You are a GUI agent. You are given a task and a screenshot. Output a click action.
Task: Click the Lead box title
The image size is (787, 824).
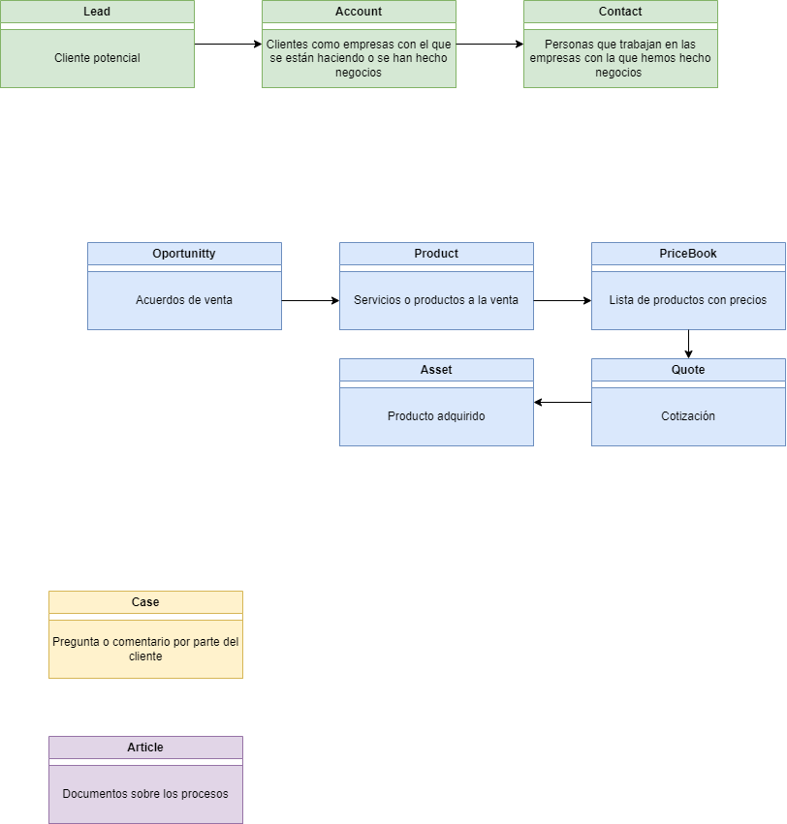point(97,12)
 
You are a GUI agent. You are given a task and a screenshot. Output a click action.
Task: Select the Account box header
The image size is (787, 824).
point(359,12)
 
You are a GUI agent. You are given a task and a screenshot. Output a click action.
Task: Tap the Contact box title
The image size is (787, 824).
point(620,12)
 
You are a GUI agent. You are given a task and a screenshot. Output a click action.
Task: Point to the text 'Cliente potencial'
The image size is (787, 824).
point(97,58)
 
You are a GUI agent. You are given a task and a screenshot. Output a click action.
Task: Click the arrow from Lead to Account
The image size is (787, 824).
point(228,44)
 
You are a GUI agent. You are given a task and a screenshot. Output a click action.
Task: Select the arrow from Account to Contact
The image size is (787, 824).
point(489,44)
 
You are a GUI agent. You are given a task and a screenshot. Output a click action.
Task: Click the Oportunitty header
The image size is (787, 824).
point(184,254)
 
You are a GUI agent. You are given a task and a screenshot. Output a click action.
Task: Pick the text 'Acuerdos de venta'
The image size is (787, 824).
point(184,300)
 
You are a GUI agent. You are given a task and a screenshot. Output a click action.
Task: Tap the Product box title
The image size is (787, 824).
point(436,254)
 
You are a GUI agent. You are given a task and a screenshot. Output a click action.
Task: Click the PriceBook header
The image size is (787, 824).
point(688,254)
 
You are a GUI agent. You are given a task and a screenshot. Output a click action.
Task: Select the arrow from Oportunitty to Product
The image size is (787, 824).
point(310,300)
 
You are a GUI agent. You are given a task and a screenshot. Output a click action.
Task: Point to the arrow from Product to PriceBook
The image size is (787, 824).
point(562,300)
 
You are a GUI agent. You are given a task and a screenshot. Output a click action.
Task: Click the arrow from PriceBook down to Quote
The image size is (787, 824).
point(688,344)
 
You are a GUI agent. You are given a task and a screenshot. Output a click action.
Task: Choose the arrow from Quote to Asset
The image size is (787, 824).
point(562,402)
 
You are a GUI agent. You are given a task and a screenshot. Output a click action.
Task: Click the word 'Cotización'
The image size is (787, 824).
point(688,416)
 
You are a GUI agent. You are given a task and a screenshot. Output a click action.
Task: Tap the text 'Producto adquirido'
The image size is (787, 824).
point(436,416)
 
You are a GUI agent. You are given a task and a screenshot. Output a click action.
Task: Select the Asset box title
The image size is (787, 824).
point(436,370)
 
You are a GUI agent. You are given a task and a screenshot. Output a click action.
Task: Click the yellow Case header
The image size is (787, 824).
point(145,602)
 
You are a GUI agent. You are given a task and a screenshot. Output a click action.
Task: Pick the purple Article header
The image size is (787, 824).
point(145,748)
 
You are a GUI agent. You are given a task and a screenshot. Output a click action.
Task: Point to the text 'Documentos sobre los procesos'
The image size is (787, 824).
point(145,794)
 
